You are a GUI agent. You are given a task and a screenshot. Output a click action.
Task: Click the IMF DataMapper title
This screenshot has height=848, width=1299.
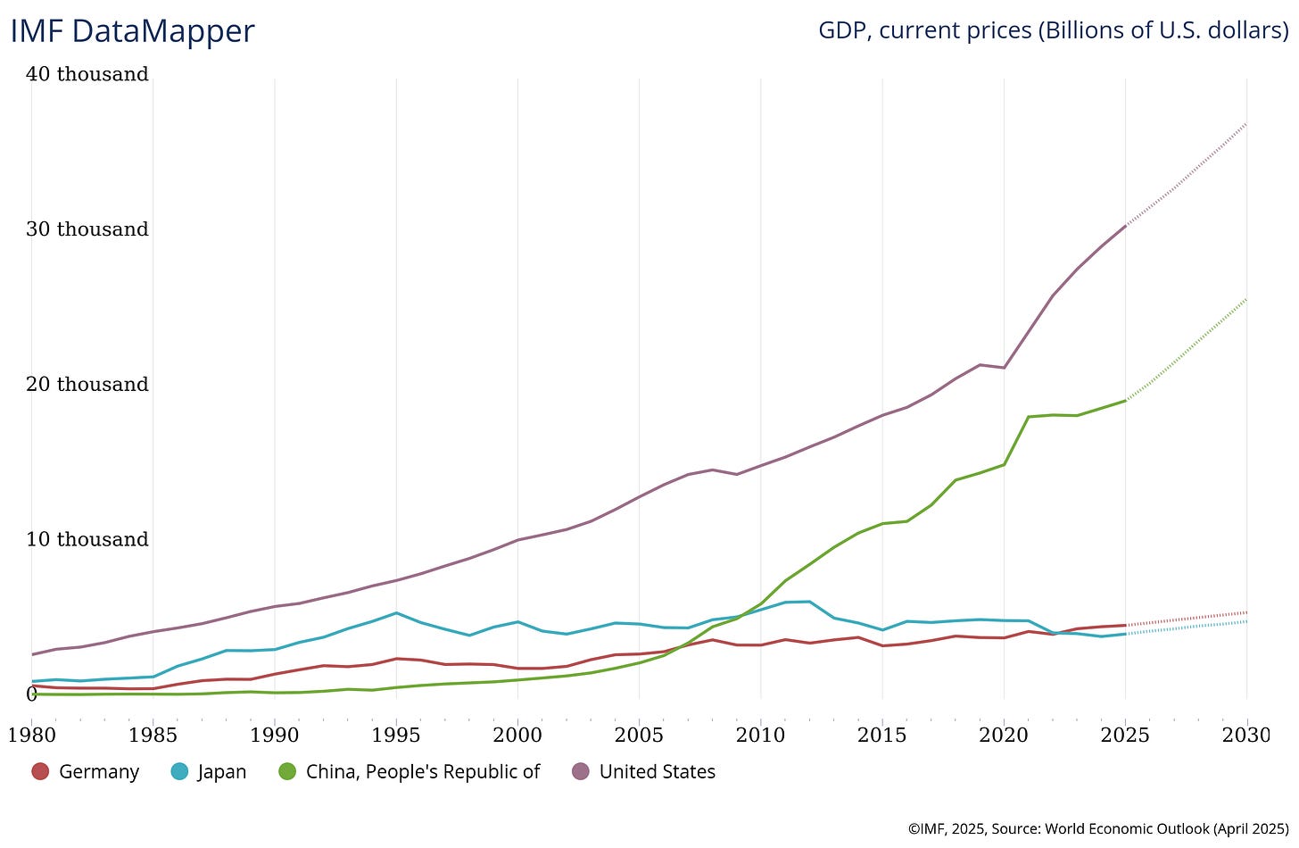[132, 31]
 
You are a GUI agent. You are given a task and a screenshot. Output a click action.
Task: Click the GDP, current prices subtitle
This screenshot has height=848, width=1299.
[1053, 30]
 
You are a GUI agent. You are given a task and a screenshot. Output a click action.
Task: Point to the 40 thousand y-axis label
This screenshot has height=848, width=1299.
[87, 74]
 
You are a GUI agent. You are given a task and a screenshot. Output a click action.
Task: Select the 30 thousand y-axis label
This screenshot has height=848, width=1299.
[87, 229]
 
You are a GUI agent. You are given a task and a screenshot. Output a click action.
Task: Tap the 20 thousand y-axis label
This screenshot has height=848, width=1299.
[87, 385]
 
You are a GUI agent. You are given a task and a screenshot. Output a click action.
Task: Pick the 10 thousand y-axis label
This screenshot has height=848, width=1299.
[87, 540]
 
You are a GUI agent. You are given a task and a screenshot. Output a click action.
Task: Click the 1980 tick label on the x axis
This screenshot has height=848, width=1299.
[31, 736]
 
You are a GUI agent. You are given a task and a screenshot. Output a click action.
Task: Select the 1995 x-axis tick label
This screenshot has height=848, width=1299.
[396, 736]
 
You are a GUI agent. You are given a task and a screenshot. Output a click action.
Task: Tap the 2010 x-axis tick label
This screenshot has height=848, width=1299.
[761, 736]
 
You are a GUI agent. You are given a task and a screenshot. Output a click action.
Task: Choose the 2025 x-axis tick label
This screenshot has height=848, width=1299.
[1125, 736]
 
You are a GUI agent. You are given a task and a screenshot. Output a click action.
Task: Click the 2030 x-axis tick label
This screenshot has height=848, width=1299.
[1246, 736]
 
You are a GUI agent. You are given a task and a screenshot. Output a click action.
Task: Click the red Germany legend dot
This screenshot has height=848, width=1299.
[40, 771]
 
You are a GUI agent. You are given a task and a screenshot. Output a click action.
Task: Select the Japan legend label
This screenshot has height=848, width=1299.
[222, 772]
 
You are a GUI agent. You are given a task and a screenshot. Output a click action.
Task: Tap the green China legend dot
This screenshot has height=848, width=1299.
[287, 771]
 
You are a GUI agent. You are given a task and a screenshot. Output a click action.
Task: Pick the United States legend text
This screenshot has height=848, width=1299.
[658, 772]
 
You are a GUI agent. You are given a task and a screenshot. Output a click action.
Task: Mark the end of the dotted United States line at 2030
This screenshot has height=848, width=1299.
[1246, 123]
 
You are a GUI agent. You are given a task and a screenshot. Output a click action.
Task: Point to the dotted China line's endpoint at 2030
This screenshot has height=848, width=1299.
[1246, 299]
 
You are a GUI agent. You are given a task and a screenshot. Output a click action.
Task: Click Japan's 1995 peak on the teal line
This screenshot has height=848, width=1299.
[396, 613]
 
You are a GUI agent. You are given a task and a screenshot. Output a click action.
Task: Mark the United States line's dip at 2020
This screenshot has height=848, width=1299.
[1005, 368]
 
